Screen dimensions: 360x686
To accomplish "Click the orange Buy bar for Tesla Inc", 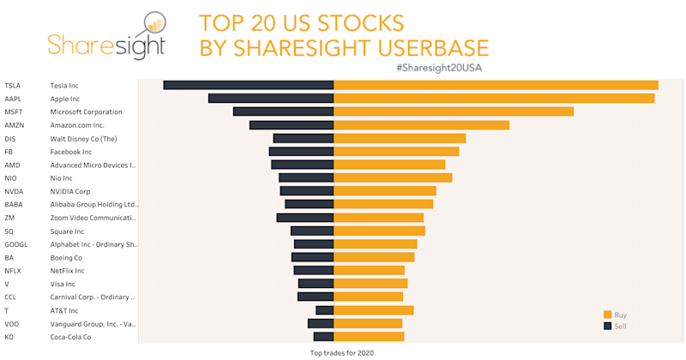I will [x=496, y=85].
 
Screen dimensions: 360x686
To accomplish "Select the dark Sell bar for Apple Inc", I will [x=271, y=99].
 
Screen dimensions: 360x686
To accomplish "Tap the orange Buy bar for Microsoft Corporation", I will [x=454, y=111].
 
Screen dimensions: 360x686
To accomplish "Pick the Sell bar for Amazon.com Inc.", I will [x=292, y=125].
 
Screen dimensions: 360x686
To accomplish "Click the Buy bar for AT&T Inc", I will [x=374, y=310].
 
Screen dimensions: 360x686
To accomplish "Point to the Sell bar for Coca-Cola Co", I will [x=323, y=337].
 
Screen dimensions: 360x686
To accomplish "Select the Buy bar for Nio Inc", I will [x=393, y=177].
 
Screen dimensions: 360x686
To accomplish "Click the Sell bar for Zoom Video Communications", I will [x=305, y=218].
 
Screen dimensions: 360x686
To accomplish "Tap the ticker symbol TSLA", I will [x=13, y=85].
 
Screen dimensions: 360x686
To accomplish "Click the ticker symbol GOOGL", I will [x=16, y=244].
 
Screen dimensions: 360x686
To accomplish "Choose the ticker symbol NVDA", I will [x=15, y=191].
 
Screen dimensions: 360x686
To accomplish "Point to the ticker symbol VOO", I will [x=12, y=324].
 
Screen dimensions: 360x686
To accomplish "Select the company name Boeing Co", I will [x=66, y=257].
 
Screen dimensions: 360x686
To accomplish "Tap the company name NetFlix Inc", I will [x=68, y=271].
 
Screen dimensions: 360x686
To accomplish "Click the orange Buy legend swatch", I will [x=607, y=315].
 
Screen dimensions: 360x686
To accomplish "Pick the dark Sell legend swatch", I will [x=607, y=326].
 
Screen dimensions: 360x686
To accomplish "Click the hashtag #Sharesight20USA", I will [x=447, y=66].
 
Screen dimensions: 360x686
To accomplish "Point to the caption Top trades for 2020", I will [x=342, y=352].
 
